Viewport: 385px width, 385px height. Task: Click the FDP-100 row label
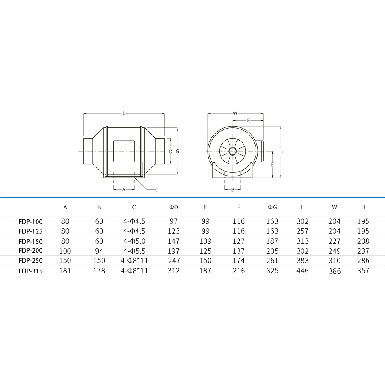point(30,222)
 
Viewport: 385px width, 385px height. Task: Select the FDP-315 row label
point(30,271)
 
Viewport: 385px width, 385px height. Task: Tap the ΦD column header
point(174,207)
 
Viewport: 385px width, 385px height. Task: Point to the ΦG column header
point(272,207)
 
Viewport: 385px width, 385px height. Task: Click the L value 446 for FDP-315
point(302,271)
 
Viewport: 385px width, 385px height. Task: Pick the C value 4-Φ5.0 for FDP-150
point(134,241)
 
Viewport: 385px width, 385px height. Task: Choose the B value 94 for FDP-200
point(99,251)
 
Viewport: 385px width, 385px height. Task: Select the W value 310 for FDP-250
point(335,260)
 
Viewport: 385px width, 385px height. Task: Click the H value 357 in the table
point(363,271)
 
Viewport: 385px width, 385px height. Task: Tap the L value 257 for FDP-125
point(302,231)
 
